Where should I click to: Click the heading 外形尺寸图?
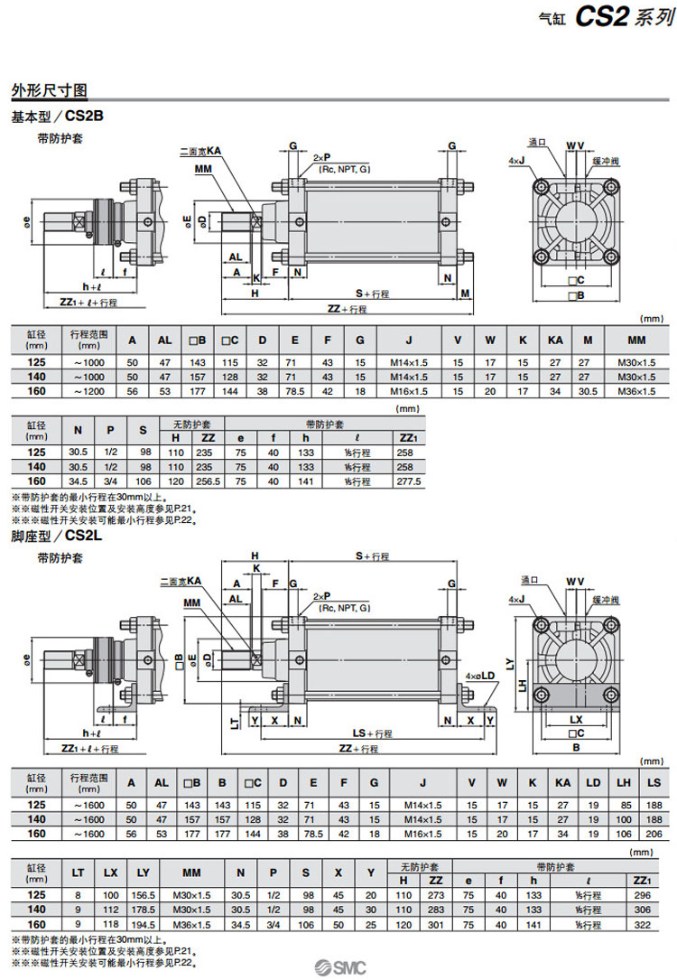point(49,91)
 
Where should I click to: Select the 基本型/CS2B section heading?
point(58,117)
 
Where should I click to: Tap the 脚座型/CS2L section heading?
point(58,536)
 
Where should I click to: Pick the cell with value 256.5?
point(208,481)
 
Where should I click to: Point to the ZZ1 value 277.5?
point(409,481)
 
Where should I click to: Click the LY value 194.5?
point(143,925)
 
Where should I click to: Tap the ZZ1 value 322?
point(643,925)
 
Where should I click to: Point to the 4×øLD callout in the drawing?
point(478,675)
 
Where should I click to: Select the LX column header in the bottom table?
point(109,874)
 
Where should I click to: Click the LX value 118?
point(109,925)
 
